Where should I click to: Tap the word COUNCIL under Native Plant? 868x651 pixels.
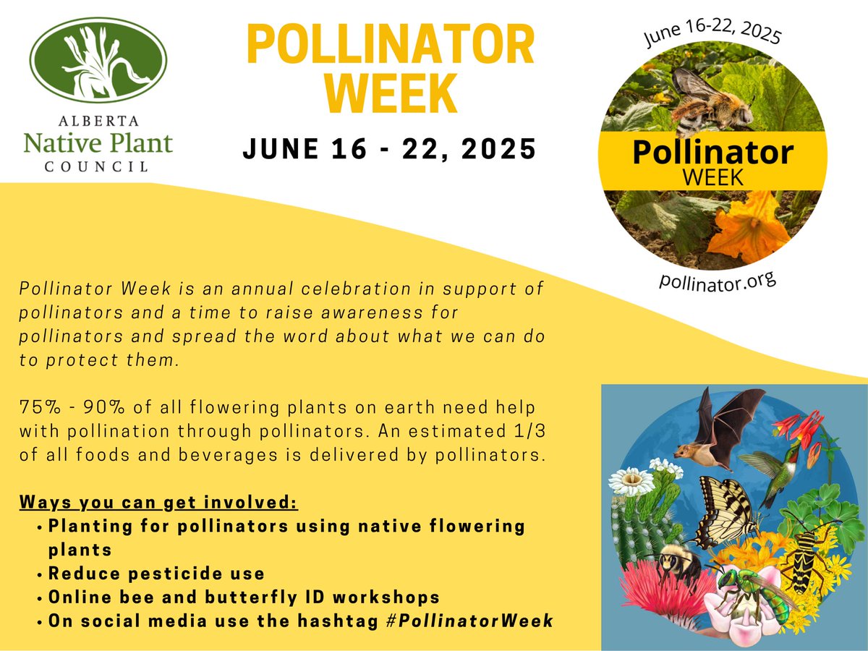click(x=98, y=166)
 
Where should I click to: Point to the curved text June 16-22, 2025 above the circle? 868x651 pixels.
click(x=712, y=29)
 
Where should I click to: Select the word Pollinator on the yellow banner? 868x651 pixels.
click(x=712, y=153)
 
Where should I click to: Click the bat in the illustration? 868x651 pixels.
click(x=716, y=427)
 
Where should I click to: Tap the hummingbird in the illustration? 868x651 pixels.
click(x=774, y=470)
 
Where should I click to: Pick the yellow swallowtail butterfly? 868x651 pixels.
click(x=723, y=510)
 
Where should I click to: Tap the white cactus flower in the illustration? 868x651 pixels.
click(x=631, y=481)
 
